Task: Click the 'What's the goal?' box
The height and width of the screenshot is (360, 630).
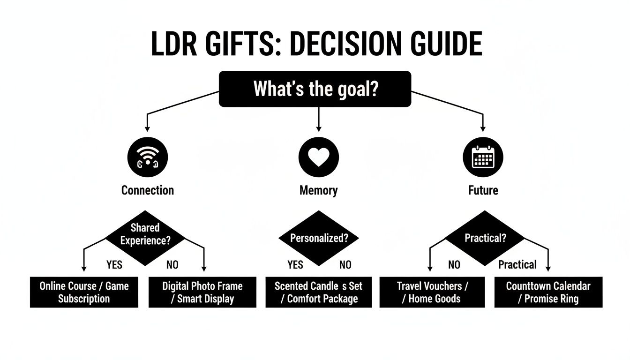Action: pyautogui.click(x=315, y=89)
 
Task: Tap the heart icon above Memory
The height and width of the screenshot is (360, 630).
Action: pyautogui.click(x=318, y=157)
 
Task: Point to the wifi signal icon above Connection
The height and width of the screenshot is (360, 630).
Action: pyautogui.click(x=147, y=157)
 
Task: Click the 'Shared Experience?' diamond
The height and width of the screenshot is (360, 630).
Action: pyautogui.click(x=145, y=234)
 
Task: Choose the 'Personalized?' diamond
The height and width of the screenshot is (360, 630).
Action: pyautogui.click(x=319, y=238)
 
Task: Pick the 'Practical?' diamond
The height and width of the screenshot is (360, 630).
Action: pyautogui.click(x=485, y=238)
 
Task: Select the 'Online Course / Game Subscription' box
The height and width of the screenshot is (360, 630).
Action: pyautogui.click(x=84, y=292)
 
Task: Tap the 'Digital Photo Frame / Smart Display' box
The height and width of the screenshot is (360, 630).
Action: pyautogui.click(x=202, y=292)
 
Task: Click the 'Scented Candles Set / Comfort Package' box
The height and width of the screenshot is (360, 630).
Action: pyautogui.click(x=318, y=292)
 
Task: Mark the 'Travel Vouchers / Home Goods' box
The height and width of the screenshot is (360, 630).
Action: pyautogui.click(x=433, y=292)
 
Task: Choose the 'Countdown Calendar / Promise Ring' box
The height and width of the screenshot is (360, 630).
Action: pyautogui.click(x=548, y=292)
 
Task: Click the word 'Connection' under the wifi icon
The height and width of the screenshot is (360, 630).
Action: pyautogui.click(x=147, y=190)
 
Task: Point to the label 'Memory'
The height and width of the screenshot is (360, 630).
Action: pyautogui.click(x=318, y=190)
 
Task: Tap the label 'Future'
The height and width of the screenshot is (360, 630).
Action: pyautogui.click(x=483, y=190)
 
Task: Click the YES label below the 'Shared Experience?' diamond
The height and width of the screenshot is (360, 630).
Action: pyautogui.click(x=114, y=265)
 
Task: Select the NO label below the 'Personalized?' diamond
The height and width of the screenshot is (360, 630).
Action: pyautogui.click(x=345, y=265)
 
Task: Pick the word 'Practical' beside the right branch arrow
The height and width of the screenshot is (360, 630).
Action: pyautogui.click(x=517, y=265)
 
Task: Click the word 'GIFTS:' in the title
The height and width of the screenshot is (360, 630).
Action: pyautogui.click(x=239, y=44)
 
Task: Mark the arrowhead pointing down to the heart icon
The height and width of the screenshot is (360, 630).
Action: pyautogui.click(x=319, y=128)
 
